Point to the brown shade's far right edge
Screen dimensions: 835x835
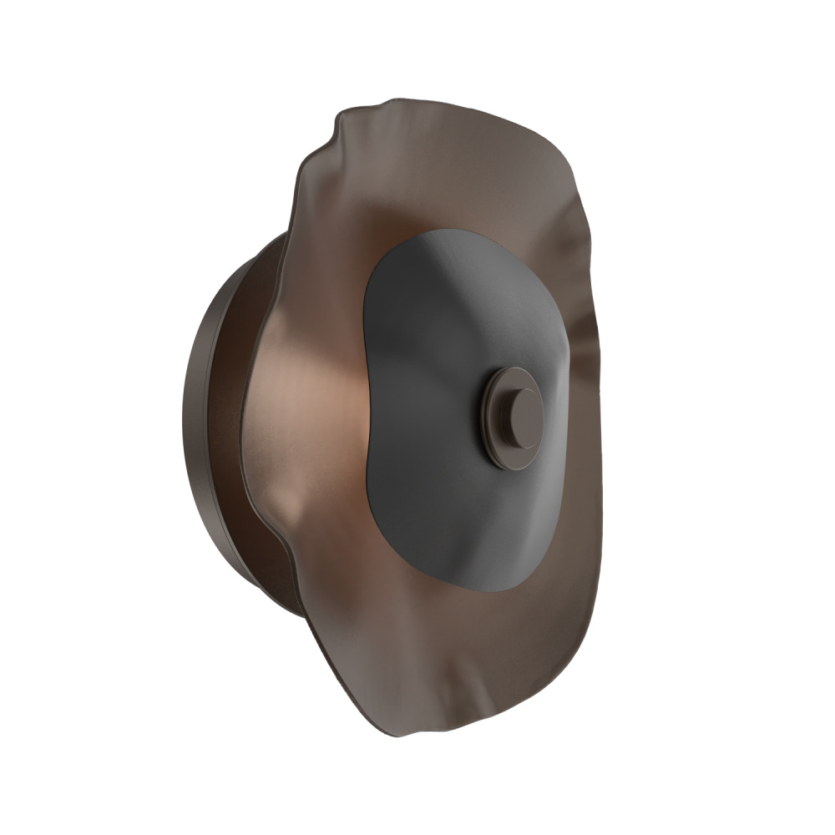(x=600, y=518)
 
